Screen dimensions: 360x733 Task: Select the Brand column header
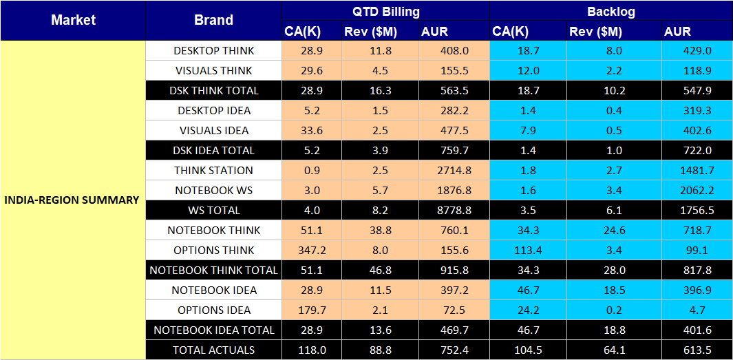pos(213,20)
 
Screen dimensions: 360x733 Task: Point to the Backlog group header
pos(610,11)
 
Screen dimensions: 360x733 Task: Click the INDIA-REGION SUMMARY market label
pos(72,200)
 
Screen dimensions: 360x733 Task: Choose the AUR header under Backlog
pos(677,31)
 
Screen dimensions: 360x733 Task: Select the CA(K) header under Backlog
pos(510,31)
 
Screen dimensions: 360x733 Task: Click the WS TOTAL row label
pos(213,210)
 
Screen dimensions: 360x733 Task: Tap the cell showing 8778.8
pos(454,210)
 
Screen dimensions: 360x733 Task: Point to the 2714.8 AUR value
pos(454,170)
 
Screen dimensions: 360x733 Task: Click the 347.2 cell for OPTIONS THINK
pos(311,250)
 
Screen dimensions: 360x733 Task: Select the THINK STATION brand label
pos(213,170)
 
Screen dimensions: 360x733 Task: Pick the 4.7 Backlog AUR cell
pos(696,310)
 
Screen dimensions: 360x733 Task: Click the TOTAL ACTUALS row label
pos(213,350)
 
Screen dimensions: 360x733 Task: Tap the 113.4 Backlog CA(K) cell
pos(528,250)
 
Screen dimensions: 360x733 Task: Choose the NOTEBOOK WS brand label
pos(213,190)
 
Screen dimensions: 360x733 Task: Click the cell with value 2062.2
pos(696,190)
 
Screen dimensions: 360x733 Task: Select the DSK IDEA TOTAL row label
pos(213,150)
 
